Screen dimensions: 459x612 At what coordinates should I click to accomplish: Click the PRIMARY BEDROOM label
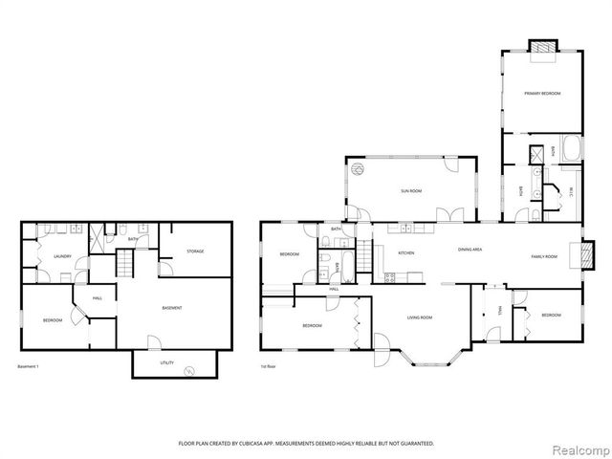click(541, 93)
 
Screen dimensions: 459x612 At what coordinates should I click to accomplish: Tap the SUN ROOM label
click(411, 191)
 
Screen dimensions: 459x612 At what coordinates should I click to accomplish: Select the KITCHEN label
click(405, 252)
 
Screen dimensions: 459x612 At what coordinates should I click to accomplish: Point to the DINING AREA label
click(470, 250)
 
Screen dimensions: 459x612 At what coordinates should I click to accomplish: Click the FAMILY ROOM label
click(544, 256)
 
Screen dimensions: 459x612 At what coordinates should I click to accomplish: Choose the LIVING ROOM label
click(421, 317)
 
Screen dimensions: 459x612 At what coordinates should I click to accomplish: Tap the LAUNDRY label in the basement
click(63, 256)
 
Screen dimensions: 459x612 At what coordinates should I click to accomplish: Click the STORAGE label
click(195, 251)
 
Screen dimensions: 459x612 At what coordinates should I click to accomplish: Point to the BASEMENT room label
click(172, 307)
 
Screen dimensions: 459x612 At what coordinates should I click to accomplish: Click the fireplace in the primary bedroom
click(542, 46)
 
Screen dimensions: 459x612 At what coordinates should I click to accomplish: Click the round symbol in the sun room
click(358, 169)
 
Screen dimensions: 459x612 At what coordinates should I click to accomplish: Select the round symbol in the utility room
click(188, 370)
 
